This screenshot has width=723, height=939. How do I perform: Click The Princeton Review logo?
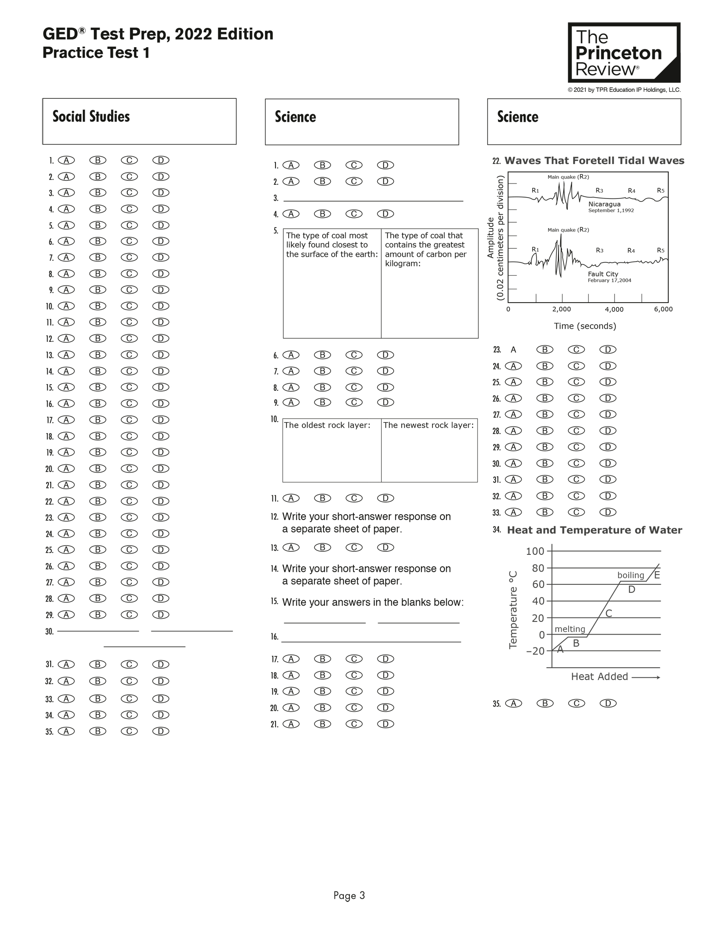[x=623, y=52]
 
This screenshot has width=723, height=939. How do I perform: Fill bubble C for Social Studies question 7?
[x=129, y=258]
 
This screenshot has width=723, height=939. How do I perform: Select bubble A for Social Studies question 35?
[x=66, y=731]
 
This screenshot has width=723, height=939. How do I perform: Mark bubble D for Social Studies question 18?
[x=161, y=436]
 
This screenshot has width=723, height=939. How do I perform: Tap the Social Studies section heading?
[x=91, y=116]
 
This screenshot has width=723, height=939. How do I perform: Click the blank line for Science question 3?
[x=373, y=198]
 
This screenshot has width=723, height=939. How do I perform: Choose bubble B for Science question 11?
[x=322, y=498]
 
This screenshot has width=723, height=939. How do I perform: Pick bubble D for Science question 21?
[x=385, y=724]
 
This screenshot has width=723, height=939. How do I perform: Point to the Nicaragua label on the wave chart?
[x=604, y=204]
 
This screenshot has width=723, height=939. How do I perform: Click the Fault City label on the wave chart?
[x=603, y=274]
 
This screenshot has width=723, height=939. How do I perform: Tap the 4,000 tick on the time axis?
[x=614, y=310]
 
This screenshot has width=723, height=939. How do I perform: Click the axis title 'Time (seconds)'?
[x=585, y=326]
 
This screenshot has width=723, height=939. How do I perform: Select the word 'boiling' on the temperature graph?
[x=630, y=575]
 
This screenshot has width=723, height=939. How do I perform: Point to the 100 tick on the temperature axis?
[x=535, y=551]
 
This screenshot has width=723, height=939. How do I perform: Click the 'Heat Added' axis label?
[x=599, y=677]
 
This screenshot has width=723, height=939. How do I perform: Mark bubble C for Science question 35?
[x=576, y=703]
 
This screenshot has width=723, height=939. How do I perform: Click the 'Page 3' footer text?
[x=349, y=895]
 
